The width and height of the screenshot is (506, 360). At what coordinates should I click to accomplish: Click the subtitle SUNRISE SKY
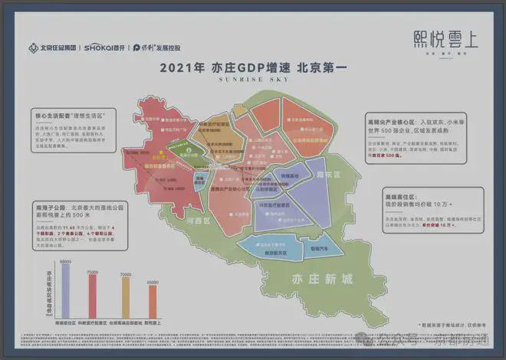[253, 78]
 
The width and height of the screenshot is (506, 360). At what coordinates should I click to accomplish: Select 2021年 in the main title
[180, 67]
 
